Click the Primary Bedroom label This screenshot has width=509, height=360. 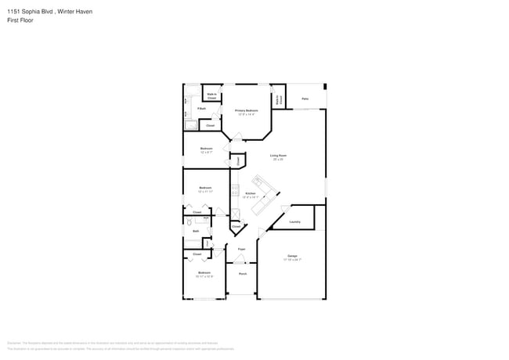click(x=247, y=111)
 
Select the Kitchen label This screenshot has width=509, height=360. click(x=251, y=193)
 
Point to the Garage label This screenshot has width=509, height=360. click(x=292, y=256)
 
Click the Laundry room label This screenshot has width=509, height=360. click(x=294, y=221)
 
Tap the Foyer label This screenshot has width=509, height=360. click(x=242, y=249)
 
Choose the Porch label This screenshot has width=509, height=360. click(x=243, y=274)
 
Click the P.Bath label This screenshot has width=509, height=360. click(x=201, y=108)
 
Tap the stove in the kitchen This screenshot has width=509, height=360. click(x=234, y=190)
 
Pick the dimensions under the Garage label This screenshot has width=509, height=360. click(x=292, y=260)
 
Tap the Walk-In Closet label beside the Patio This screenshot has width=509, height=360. click(x=278, y=99)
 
